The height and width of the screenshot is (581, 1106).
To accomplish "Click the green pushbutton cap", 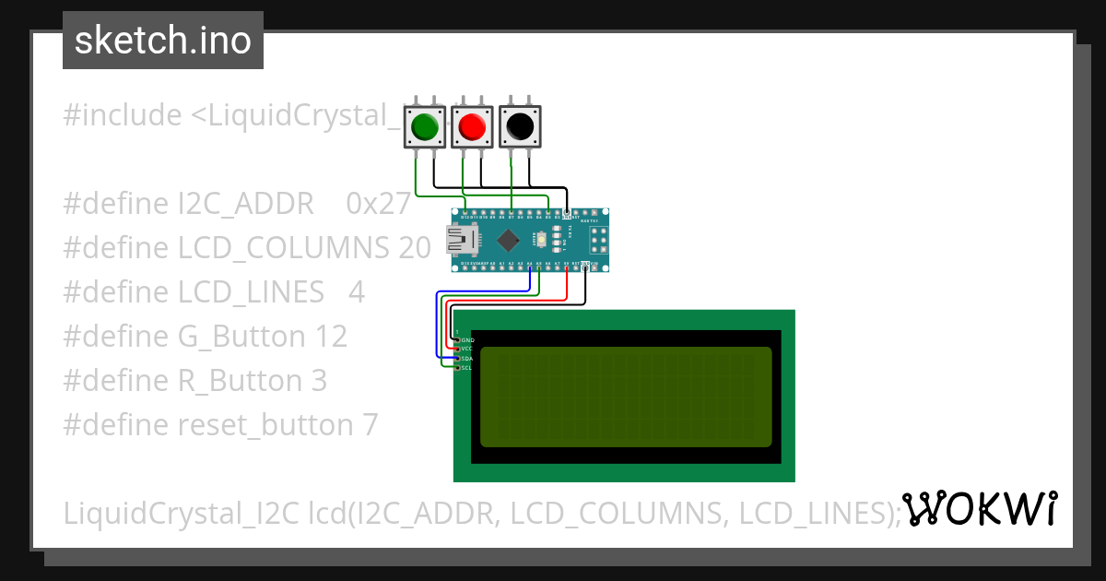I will pos(424,126).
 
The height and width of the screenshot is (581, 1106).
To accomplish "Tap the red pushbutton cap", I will pos(472,126).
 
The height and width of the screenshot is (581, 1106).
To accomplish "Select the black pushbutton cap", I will pos(519,126).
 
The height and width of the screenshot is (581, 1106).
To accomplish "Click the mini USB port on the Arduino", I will pos(461,241).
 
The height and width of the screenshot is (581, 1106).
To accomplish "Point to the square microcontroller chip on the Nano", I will pos(508,241).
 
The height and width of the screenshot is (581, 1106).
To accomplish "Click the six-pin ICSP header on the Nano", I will pos(598,242).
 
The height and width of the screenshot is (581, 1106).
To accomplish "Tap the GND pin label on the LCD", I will pos(466,339).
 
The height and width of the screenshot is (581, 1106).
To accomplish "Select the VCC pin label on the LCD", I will pos(466,349).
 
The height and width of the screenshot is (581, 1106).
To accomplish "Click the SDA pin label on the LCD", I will pos(466,358).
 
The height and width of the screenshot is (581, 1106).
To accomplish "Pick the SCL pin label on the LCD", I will pos(466,367).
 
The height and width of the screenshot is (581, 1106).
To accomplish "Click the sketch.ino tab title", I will pos(163,41).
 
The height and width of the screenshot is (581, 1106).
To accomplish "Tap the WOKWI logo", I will pos(979,509).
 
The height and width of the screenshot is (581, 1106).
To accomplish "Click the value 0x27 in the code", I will pos(378,204).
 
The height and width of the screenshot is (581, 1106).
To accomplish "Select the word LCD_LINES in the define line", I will pos(251,292).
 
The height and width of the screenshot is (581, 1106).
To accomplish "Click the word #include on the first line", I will pos(123,115).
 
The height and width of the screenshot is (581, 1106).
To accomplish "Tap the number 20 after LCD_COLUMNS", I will pos(416,248).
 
